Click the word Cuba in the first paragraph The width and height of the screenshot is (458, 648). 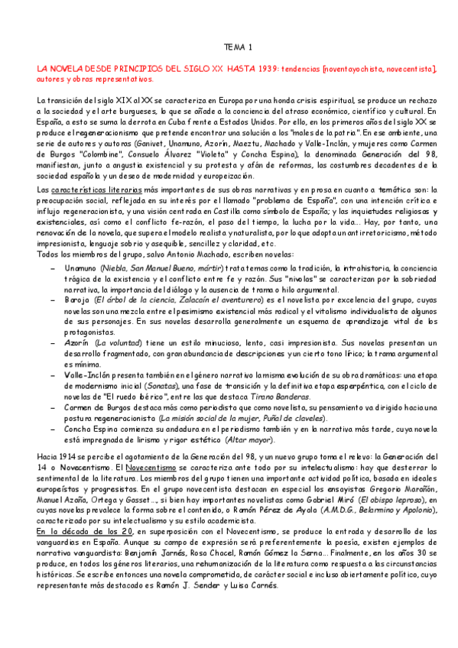pos(185,122)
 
